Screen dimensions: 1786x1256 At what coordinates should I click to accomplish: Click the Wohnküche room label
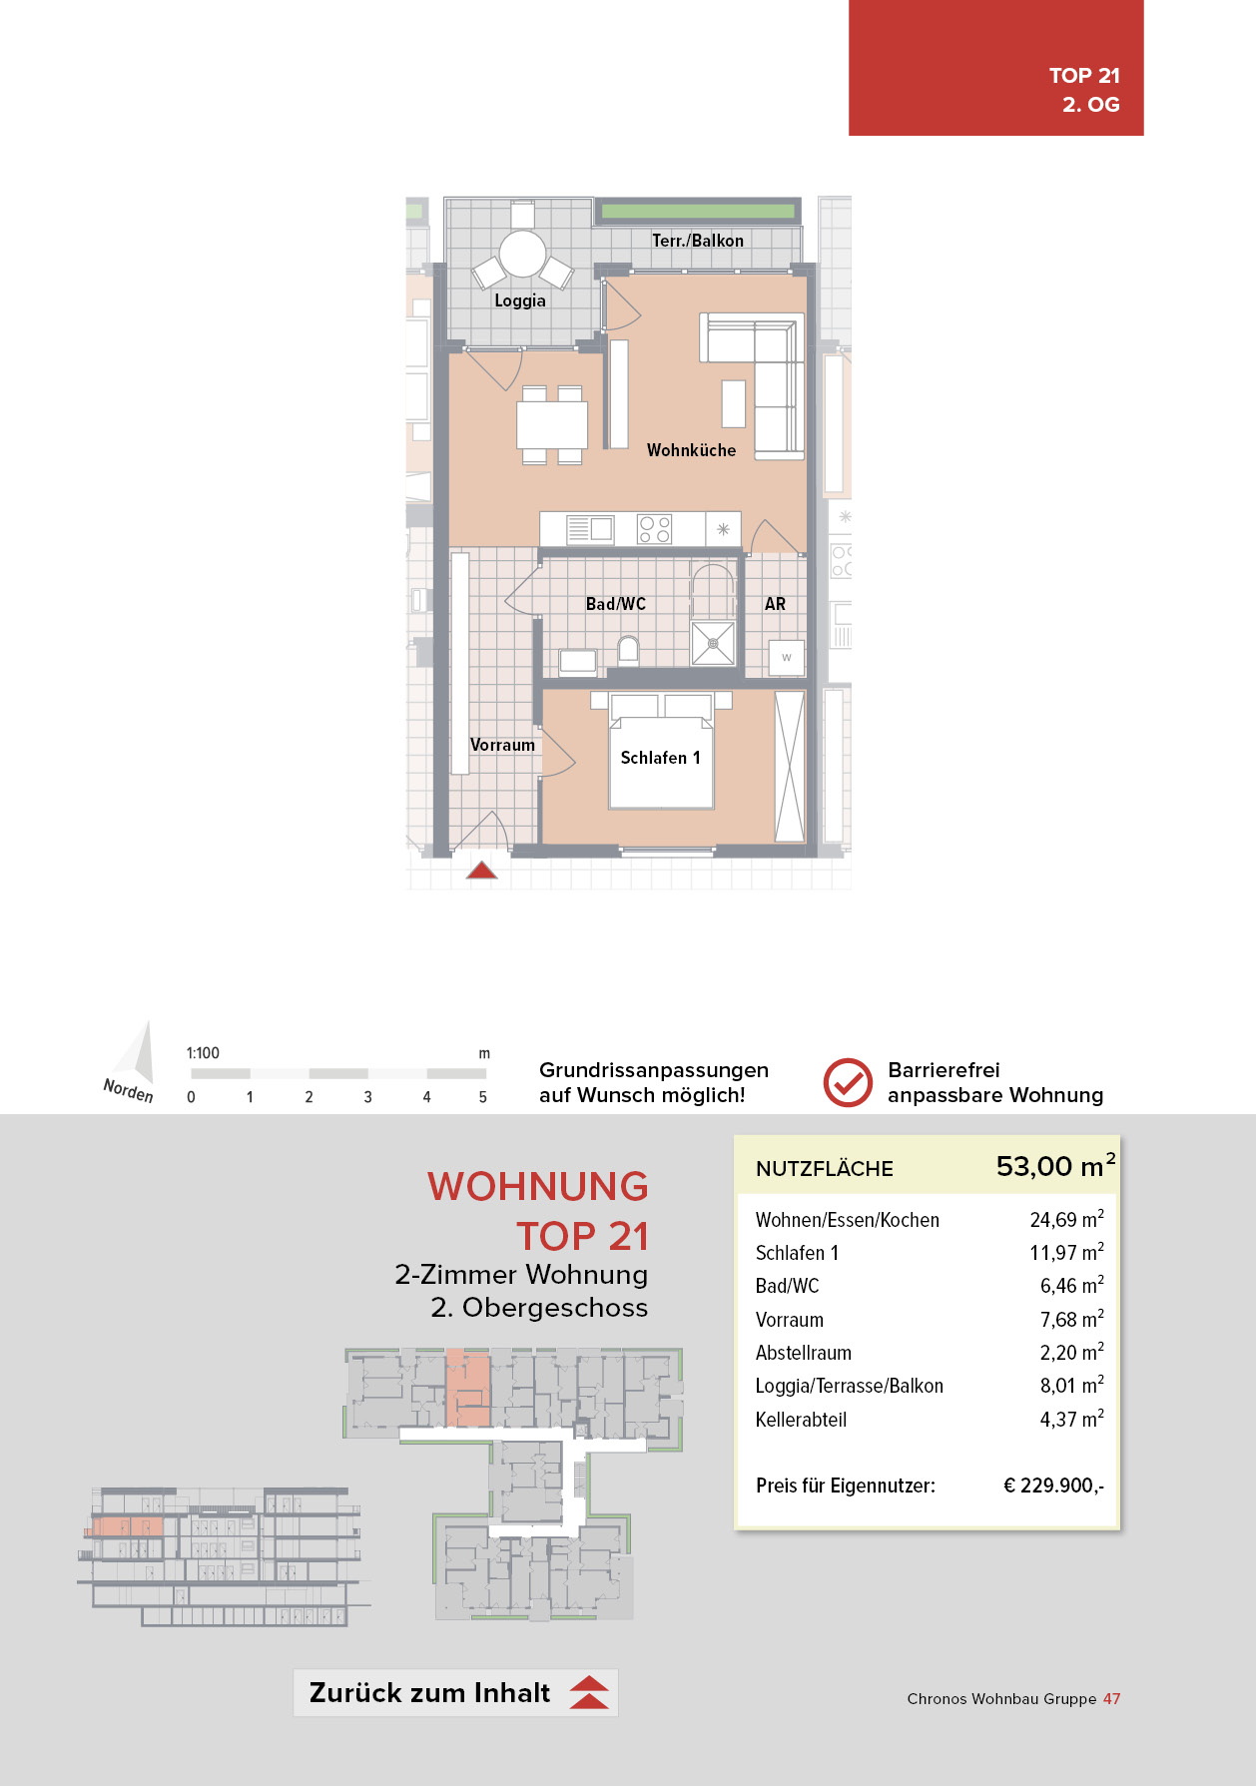pos(691,450)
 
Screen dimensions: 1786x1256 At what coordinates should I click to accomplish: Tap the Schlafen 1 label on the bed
pos(660,758)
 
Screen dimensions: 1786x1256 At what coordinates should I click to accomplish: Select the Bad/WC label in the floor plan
pos(615,604)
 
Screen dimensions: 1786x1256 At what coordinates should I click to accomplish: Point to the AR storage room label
pos(775,604)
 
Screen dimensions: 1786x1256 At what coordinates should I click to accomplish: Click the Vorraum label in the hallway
pos(502,745)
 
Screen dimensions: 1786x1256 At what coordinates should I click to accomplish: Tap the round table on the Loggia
pos(522,254)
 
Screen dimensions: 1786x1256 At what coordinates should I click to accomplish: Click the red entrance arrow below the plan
pos(481,871)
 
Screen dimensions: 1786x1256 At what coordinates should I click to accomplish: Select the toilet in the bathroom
pos(628,652)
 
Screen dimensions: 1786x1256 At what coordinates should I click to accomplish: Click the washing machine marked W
pos(787,657)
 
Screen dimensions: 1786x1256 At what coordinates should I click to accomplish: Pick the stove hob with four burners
pos(655,529)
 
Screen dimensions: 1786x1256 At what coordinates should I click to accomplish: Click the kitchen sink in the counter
pos(590,528)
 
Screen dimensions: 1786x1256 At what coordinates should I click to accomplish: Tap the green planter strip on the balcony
pos(697,212)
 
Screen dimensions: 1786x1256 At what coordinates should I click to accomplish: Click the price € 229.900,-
pos(1053,1486)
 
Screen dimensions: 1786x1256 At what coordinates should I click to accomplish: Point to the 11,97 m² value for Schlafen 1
pos(1066,1253)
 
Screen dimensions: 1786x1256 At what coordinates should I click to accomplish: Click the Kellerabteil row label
pos(801,1420)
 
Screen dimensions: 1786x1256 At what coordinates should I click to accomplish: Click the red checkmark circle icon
pos(848,1083)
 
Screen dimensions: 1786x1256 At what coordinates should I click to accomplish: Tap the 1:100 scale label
pos(203,1053)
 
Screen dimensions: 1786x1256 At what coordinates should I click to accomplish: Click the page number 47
pos(1111,1698)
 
